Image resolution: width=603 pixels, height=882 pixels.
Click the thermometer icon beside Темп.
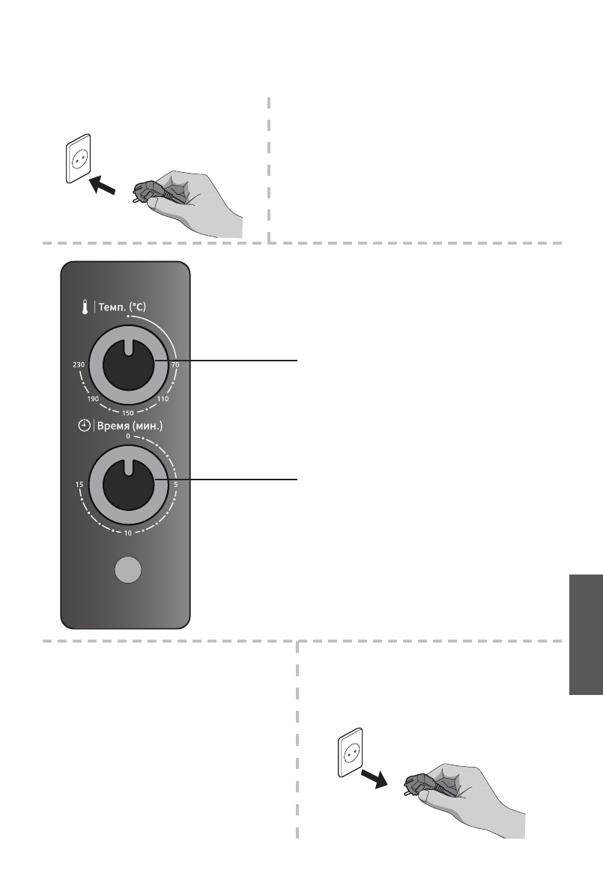[x=85, y=307]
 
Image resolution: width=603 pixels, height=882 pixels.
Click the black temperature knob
[x=128, y=364]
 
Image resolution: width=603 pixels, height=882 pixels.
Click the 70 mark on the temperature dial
[x=175, y=364]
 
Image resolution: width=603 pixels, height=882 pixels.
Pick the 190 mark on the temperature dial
[x=94, y=399]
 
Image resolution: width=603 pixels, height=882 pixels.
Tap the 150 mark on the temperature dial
[x=128, y=412]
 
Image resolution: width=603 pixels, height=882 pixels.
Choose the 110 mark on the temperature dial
[x=163, y=399]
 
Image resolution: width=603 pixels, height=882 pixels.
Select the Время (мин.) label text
[x=128, y=426]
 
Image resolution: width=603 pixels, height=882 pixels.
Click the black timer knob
[x=128, y=484]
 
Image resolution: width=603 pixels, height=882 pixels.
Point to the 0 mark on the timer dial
[x=128, y=436]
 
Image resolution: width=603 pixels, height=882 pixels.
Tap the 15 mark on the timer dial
[x=79, y=485]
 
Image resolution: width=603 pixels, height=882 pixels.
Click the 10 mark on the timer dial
[x=128, y=533]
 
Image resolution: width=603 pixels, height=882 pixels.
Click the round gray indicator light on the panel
[x=128, y=571]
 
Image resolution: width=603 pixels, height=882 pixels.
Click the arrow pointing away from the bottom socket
[x=375, y=777]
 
